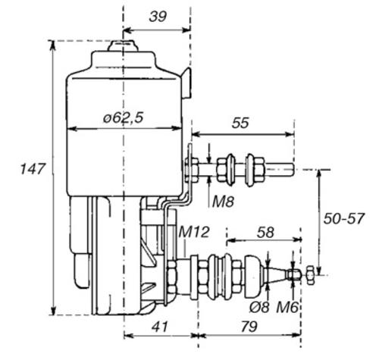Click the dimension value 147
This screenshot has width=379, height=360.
click(x=33, y=169)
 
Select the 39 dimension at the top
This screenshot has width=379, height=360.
click(x=158, y=17)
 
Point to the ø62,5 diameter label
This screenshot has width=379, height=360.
click(x=124, y=117)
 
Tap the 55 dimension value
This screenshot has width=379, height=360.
click(x=240, y=123)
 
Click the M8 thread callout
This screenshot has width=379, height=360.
click(x=223, y=202)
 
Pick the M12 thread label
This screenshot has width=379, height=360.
click(x=194, y=232)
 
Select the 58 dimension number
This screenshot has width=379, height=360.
click(x=265, y=232)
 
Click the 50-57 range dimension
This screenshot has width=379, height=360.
click(x=344, y=218)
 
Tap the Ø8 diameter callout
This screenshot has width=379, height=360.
click(x=259, y=308)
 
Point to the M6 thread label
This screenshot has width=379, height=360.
click(x=287, y=308)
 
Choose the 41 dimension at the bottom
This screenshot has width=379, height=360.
click(x=159, y=327)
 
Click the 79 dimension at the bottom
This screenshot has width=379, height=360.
click(x=249, y=327)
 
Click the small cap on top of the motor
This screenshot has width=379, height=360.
click(x=123, y=46)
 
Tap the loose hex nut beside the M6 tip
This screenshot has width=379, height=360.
click(x=311, y=275)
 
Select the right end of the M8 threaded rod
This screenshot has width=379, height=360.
click(x=294, y=170)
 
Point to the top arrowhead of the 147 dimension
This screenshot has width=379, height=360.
click(x=53, y=45)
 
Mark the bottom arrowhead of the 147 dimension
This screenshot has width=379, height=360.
click(x=53, y=310)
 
